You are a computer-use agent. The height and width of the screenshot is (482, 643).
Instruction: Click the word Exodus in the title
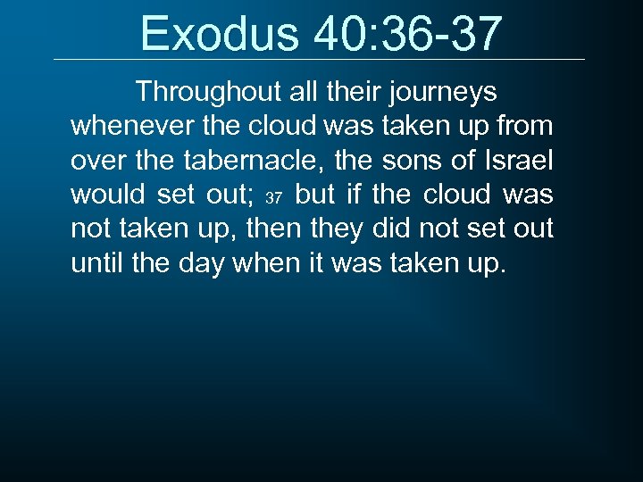coord(220,33)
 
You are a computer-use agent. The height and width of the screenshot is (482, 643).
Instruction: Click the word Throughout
coord(209,92)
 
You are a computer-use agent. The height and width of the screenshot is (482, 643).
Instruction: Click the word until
coord(96,263)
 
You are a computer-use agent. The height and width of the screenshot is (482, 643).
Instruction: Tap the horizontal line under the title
coord(319,60)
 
